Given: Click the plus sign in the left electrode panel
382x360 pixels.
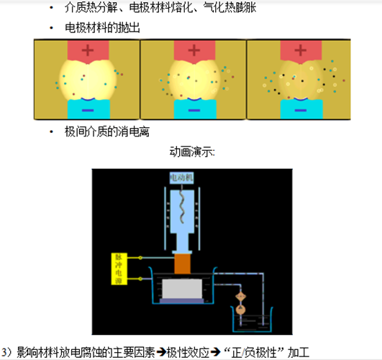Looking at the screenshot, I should click(87, 51).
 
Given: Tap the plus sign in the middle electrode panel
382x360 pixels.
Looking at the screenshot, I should click(194, 51).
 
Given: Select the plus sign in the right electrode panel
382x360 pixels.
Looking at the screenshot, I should click(297, 51).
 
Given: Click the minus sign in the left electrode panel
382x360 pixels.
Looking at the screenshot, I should click(87, 110).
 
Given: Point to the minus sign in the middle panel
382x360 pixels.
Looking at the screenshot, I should click(192, 110).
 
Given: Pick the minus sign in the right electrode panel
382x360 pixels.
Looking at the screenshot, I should click(298, 110).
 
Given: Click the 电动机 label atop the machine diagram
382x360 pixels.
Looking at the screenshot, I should click(181, 177).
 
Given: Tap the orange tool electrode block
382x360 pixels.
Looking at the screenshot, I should click(182, 263).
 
